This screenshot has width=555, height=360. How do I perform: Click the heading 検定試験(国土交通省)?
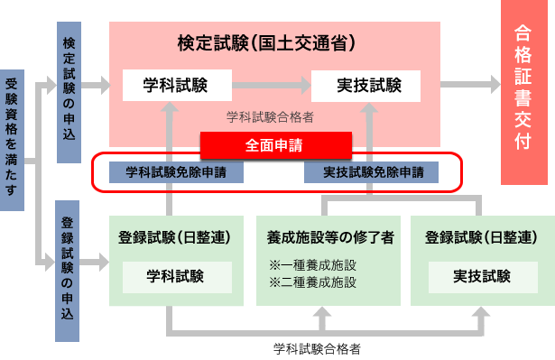(x=265, y=42)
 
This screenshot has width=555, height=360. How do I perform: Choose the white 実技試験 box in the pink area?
(x=366, y=86)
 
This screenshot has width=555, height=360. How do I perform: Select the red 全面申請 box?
(x=274, y=144)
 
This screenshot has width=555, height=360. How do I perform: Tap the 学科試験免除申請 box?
(x=176, y=171)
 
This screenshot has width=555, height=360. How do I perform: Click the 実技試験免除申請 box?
(x=371, y=171)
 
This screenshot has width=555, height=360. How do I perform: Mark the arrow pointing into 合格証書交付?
(x=470, y=86)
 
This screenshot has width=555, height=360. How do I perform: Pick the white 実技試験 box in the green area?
(x=481, y=276)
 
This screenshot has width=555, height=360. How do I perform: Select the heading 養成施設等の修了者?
(x=329, y=238)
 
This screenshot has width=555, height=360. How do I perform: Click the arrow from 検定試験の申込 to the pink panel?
(x=95, y=86)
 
